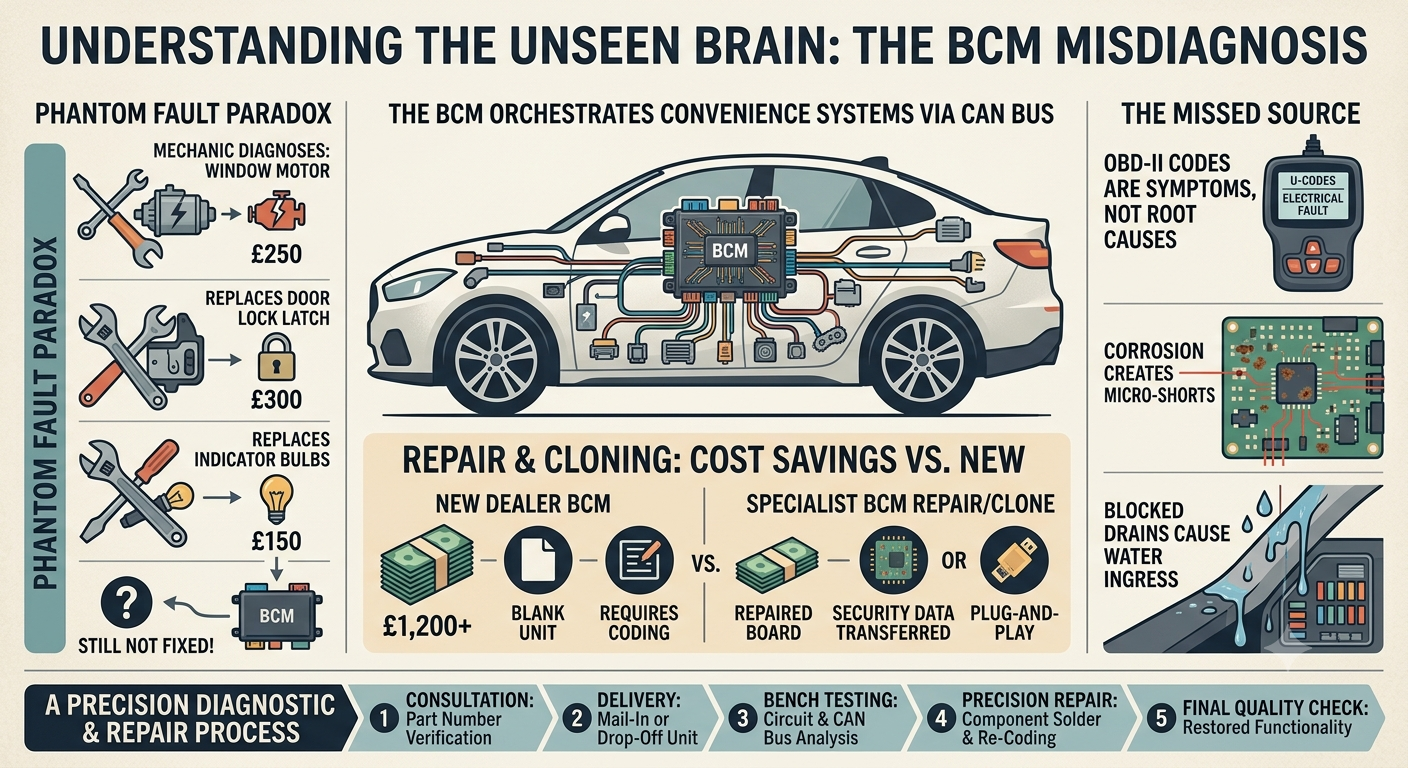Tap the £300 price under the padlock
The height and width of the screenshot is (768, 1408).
coord(276,399)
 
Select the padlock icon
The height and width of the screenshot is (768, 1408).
coord(276,356)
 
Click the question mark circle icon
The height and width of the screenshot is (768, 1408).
coord(126,602)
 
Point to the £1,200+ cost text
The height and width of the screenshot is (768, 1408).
coord(427,625)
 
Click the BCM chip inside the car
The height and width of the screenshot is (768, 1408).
coord(730,251)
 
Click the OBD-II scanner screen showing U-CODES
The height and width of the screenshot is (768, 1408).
coord(1312,196)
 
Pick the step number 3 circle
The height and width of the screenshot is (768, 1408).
coord(742,718)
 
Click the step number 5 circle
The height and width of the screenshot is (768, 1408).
coord(1161,718)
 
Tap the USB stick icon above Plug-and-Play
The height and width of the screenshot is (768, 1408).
coord(1014,560)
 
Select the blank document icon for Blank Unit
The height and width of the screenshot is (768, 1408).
coord(538,560)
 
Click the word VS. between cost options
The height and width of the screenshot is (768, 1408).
coord(706,564)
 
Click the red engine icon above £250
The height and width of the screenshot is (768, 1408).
coord(277,214)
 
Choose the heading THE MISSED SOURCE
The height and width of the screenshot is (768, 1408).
coord(1240,114)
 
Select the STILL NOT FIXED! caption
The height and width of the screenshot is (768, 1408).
coord(146,646)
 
